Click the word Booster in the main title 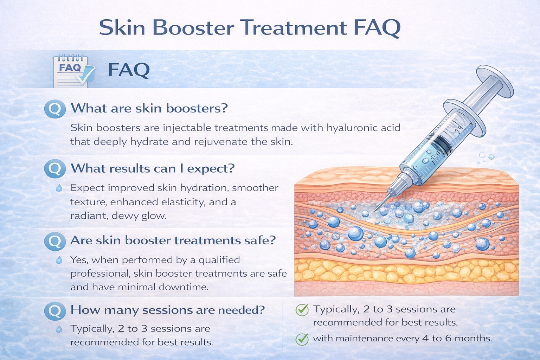pos(194,27)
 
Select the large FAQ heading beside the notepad pos(129,70)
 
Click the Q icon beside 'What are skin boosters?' pos(55,109)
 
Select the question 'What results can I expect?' pos(153,168)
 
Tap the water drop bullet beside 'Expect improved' pos(59,188)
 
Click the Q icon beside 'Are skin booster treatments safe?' pos(55,241)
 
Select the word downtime pos(183,287)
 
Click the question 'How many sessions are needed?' pos(167,310)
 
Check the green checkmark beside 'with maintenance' pos(302,339)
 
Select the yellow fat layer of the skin pos(404,271)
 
